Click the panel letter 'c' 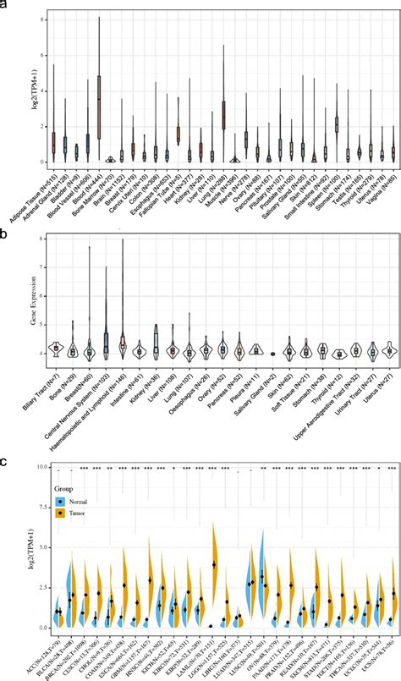point(6,461)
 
